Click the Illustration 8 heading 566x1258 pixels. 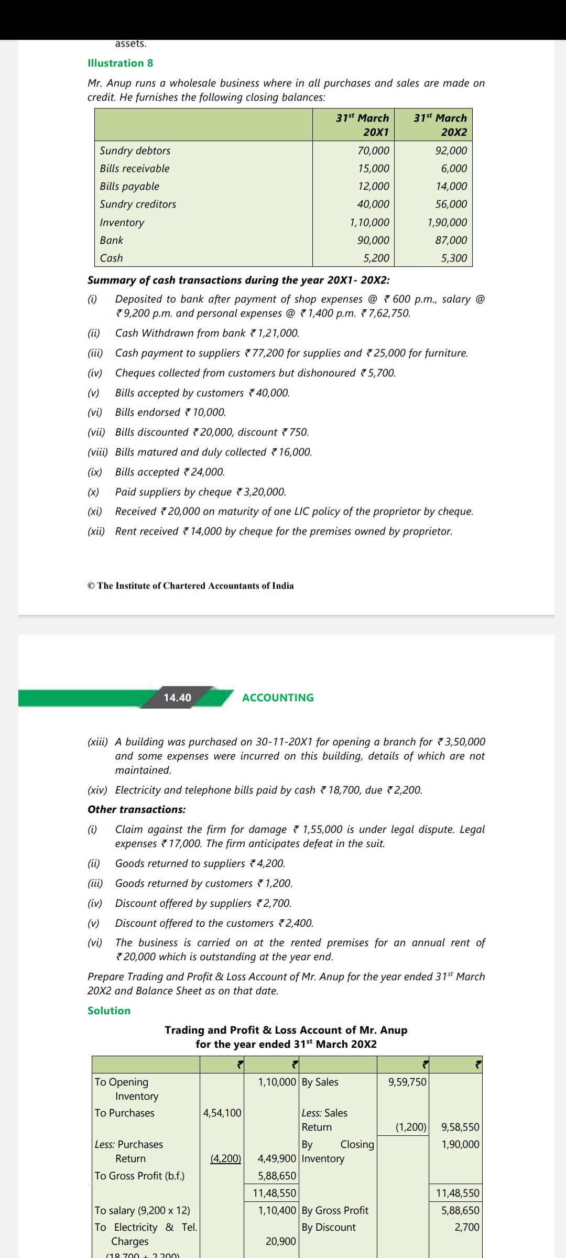click(x=120, y=63)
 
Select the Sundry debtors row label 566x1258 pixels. click(x=135, y=150)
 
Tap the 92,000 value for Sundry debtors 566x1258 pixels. click(x=451, y=150)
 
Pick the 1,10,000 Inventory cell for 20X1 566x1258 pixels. click(x=369, y=222)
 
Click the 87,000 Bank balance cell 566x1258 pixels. click(x=451, y=240)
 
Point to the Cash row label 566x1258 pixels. click(x=111, y=258)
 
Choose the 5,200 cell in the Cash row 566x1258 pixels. click(x=376, y=258)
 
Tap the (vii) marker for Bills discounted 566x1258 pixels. click(x=96, y=432)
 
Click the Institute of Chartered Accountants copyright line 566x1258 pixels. click(x=191, y=585)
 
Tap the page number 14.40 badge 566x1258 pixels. click(x=177, y=698)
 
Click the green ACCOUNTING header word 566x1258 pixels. click(x=278, y=698)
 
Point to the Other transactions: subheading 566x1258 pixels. click(x=136, y=809)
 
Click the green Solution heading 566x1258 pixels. click(x=109, y=1011)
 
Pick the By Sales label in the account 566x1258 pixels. click(x=320, y=1082)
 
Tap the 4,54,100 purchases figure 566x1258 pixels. click(x=222, y=1113)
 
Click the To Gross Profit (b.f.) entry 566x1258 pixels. click(x=139, y=1176)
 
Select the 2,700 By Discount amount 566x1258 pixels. click(x=466, y=1227)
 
